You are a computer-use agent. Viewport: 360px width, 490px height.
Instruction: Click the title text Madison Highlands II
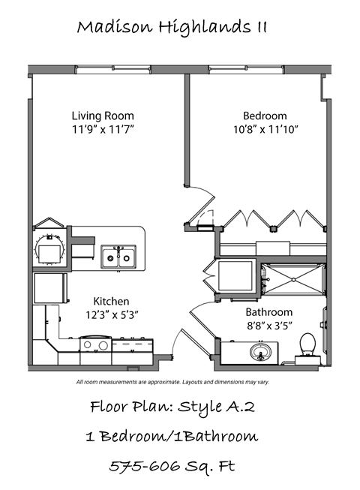[172, 28]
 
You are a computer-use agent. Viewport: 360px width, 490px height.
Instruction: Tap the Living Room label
[103, 116]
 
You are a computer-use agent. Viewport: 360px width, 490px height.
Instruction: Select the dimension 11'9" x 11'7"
[103, 129]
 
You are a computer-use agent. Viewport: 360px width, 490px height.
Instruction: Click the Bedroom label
[265, 116]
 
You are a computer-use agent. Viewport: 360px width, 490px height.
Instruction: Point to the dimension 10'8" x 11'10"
[265, 129]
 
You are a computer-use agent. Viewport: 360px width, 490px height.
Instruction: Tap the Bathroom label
[268, 312]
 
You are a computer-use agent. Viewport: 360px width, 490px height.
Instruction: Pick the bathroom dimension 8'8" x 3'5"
[268, 326]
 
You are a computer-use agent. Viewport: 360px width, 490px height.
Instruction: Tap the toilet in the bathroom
[306, 347]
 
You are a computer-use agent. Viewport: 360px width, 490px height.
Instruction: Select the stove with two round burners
[94, 346]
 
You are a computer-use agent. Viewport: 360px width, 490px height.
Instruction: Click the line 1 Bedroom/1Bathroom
[172, 436]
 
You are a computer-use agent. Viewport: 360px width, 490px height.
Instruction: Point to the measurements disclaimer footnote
[172, 383]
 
